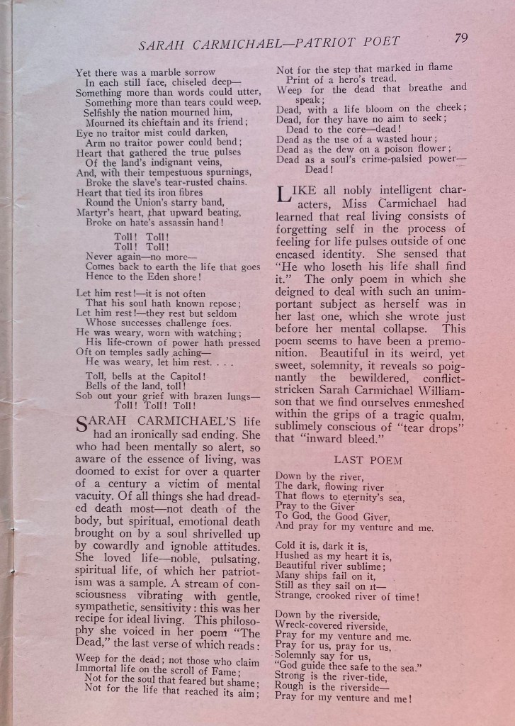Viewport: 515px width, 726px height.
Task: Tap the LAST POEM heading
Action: click(x=368, y=460)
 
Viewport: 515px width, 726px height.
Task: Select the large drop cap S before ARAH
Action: click(x=81, y=426)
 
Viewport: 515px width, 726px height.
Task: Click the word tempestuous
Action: click(x=166, y=172)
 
